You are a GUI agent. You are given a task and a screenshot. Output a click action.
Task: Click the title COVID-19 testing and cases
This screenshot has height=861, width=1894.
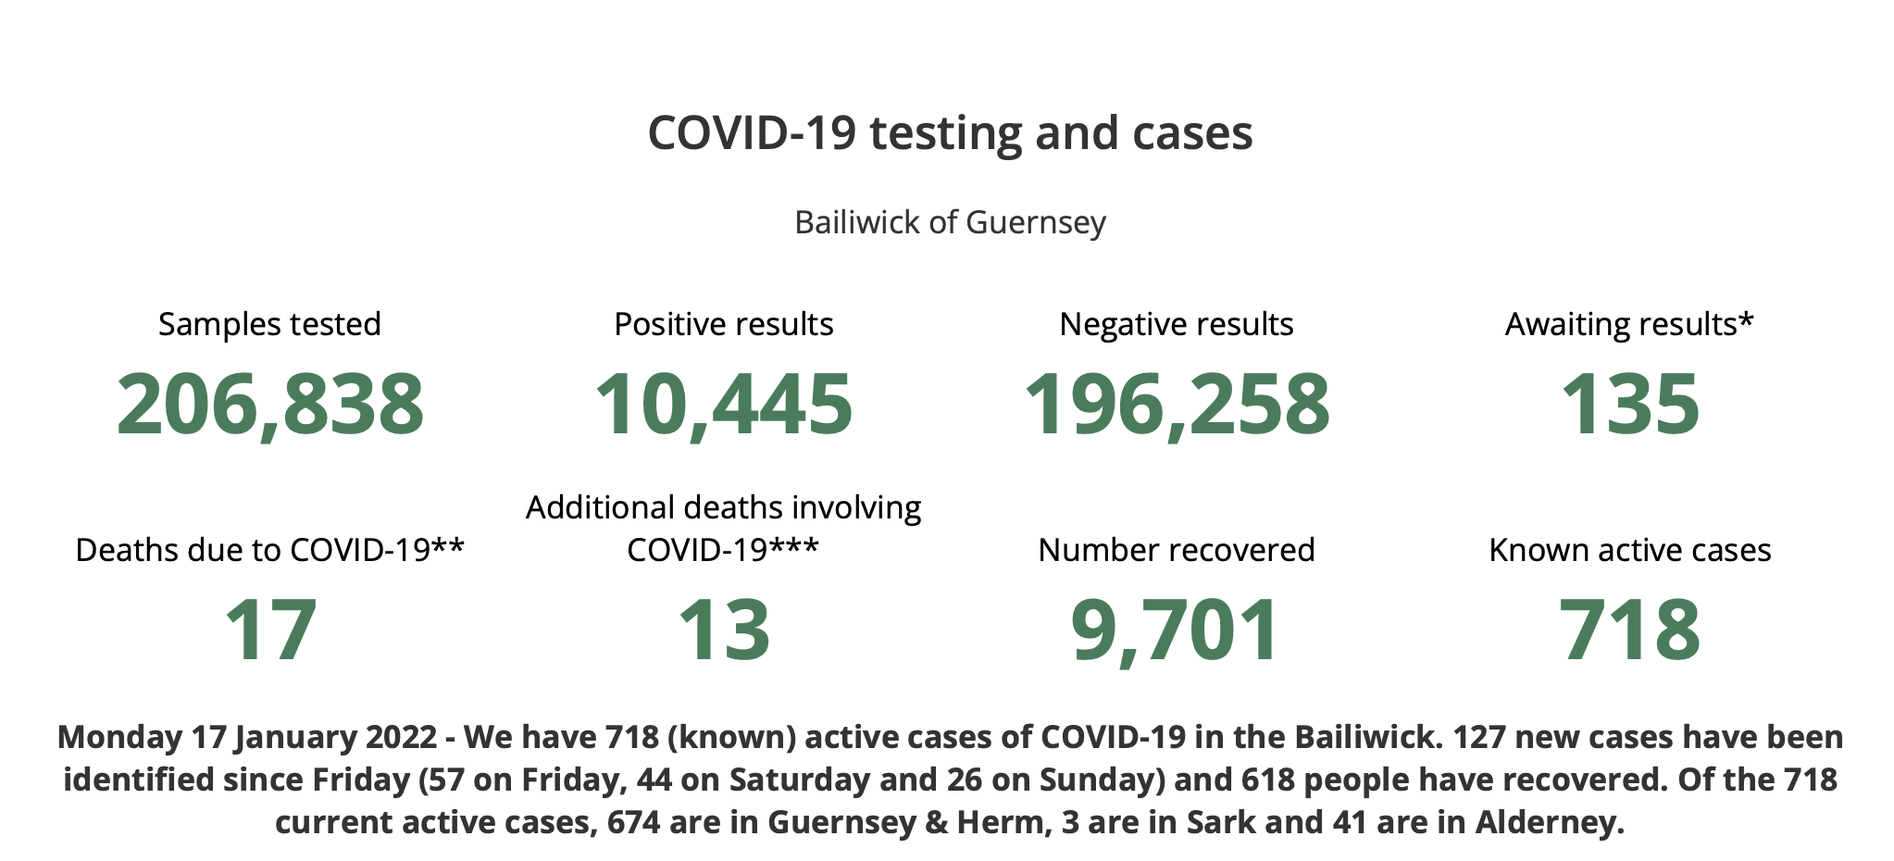[950, 133]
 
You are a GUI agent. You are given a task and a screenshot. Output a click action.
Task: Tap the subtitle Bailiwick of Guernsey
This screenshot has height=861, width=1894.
[950, 223]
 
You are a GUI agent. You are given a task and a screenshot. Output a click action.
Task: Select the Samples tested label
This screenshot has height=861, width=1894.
[269, 324]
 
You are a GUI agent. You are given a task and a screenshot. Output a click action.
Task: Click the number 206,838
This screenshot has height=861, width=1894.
[270, 405]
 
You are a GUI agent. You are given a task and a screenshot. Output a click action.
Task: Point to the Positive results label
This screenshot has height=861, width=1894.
[724, 324]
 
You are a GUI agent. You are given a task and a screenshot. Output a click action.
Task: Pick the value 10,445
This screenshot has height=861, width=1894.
[723, 405]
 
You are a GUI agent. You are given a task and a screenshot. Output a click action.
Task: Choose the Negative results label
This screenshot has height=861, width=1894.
[1177, 324]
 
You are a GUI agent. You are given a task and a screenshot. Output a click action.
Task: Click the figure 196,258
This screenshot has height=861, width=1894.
[1177, 405]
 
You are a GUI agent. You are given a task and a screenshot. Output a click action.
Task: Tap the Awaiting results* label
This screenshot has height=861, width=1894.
[1629, 324]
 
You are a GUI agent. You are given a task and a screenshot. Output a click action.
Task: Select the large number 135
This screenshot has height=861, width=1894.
[1630, 405]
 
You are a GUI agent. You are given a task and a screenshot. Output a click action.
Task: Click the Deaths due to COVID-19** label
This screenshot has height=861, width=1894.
[269, 550]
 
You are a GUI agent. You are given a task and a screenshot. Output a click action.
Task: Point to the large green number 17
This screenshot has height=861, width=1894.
[270, 630]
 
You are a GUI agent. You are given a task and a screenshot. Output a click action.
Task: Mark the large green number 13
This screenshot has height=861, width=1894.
[724, 630]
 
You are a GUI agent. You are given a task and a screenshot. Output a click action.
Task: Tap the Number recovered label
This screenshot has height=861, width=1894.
[1177, 550]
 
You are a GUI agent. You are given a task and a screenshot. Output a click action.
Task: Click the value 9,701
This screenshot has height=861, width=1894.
[1176, 630]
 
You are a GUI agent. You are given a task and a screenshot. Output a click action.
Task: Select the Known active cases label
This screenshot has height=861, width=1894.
[1630, 550]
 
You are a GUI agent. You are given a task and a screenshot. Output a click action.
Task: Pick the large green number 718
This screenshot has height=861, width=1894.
[1630, 630]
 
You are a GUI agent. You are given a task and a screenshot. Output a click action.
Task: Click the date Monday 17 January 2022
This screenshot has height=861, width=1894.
[247, 738]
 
